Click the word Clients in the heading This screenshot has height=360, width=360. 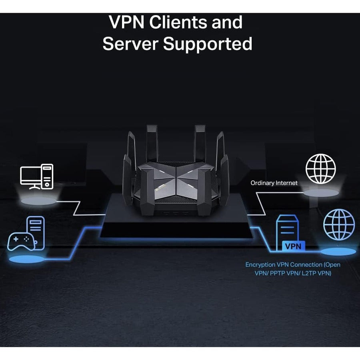pos(187,22)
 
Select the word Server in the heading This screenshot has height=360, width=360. pos(131,44)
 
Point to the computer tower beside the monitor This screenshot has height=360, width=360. pos(48,176)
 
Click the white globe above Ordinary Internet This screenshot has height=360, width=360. pos(321,168)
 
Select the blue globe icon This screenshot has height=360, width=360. pos(339,225)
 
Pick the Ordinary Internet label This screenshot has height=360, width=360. pos(274,183)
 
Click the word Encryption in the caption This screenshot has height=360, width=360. pos(260,264)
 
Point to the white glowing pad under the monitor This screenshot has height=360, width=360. pos(38,200)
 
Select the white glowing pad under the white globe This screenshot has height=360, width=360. pos(323,192)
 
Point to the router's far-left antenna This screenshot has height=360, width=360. pos(128,176)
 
